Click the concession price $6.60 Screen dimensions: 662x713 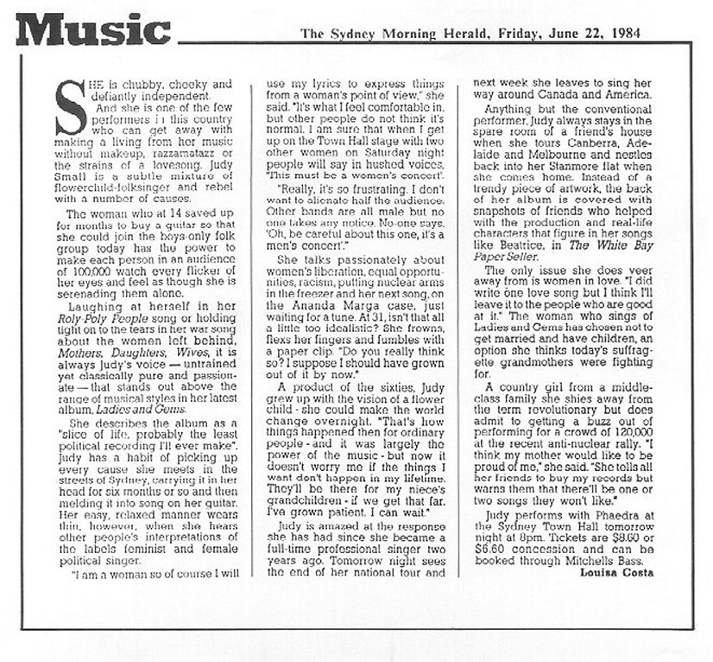click(494, 548)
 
